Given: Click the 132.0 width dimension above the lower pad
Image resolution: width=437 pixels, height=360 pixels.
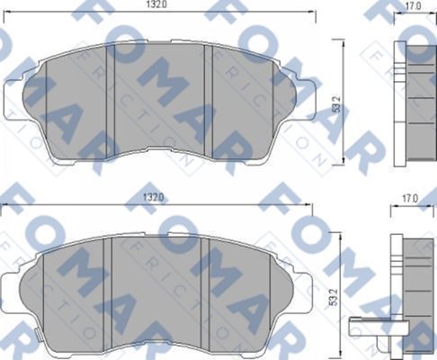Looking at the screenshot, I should [157, 195].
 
